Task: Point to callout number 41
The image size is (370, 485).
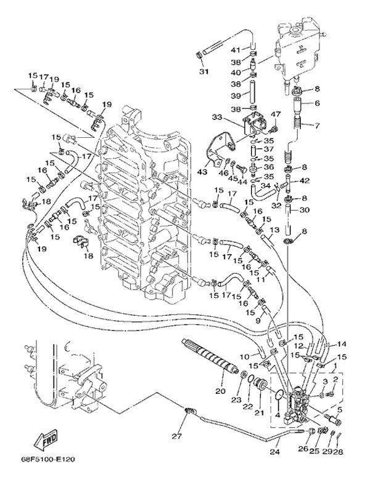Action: pyautogui.click(x=235, y=49)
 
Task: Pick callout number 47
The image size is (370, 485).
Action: pyautogui.click(x=276, y=114)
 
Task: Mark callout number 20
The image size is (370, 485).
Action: pyautogui.click(x=220, y=390)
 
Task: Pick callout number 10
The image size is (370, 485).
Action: pyautogui.click(x=245, y=356)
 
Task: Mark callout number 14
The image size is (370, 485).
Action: pyautogui.click(x=342, y=344)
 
